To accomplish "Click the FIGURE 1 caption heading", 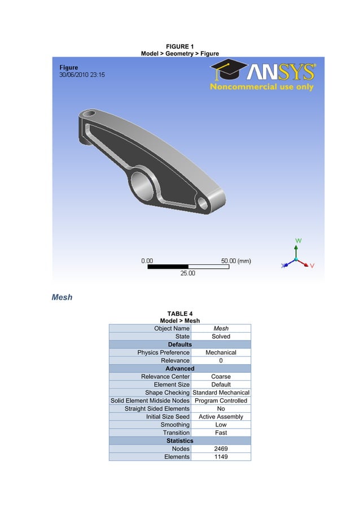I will [x=179, y=46].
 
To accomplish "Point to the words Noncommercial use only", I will [x=261, y=87].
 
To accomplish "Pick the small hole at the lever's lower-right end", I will [x=202, y=202].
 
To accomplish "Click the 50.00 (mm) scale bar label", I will [x=236, y=261].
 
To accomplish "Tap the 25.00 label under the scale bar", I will [x=188, y=274].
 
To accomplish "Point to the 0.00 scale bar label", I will [x=147, y=261].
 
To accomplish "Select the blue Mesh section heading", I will [x=62, y=297].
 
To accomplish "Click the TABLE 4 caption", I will [x=179, y=313].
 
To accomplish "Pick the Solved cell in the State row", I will [x=221, y=336].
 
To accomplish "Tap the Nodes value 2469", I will [x=221, y=448].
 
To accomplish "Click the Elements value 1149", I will [x=221, y=456].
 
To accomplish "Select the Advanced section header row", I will [x=179, y=368].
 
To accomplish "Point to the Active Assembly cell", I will [x=221, y=417].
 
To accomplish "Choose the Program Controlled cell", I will [x=221, y=400].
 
